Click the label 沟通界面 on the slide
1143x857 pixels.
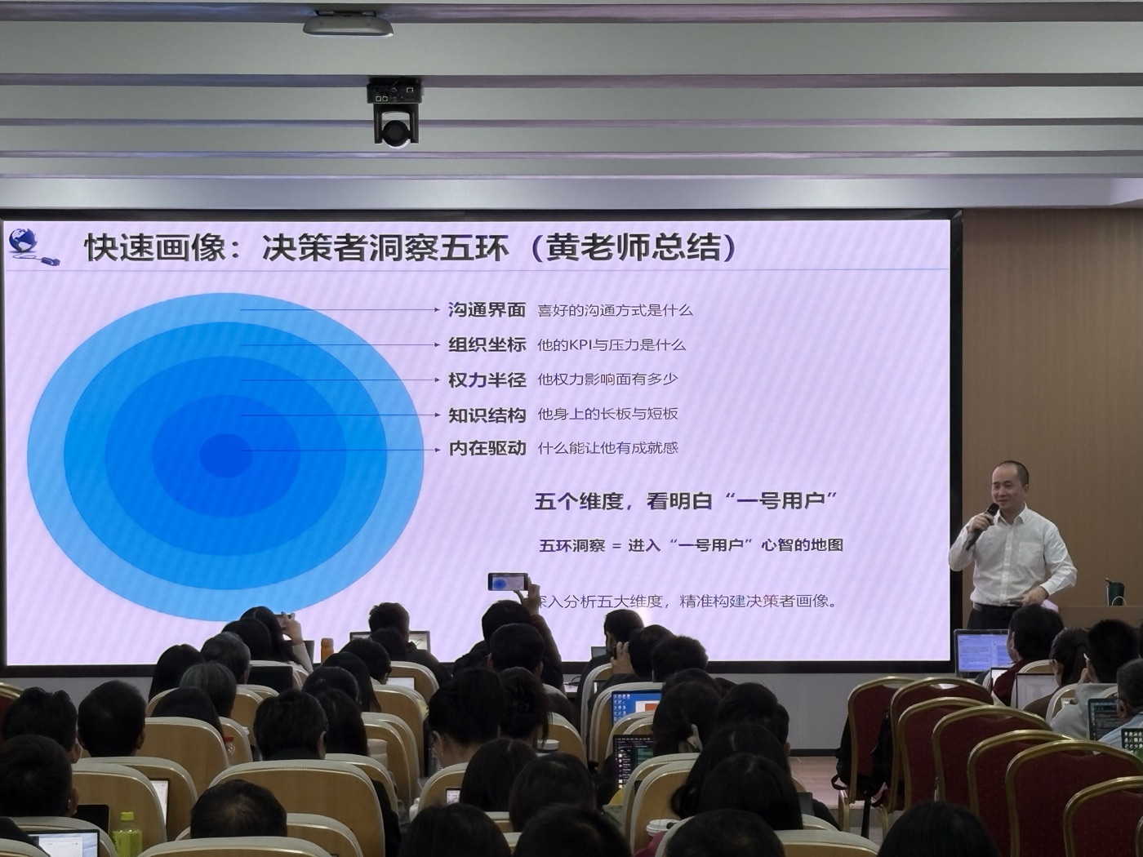(x=487, y=310)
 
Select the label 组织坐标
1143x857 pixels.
(x=487, y=344)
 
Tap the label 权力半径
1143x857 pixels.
(x=487, y=380)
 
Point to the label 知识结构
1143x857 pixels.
(x=487, y=415)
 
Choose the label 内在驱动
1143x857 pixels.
(x=487, y=448)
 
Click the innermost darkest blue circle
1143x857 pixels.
(x=225, y=455)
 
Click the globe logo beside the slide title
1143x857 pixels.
(x=24, y=242)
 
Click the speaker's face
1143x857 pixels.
(x=1008, y=487)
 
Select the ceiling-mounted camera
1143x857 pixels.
(x=394, y=114)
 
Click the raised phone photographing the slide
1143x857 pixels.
(x=508, y=581)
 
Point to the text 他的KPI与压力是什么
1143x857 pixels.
(x=611, y=345)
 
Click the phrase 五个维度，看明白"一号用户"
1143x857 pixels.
(x=686, y=501)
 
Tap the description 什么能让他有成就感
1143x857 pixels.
(x=607, y=448)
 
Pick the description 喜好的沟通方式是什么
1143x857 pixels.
(x=614, y=310)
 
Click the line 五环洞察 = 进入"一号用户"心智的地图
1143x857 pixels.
(x=691, y=545)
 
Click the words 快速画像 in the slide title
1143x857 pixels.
(x=154, y=247)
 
